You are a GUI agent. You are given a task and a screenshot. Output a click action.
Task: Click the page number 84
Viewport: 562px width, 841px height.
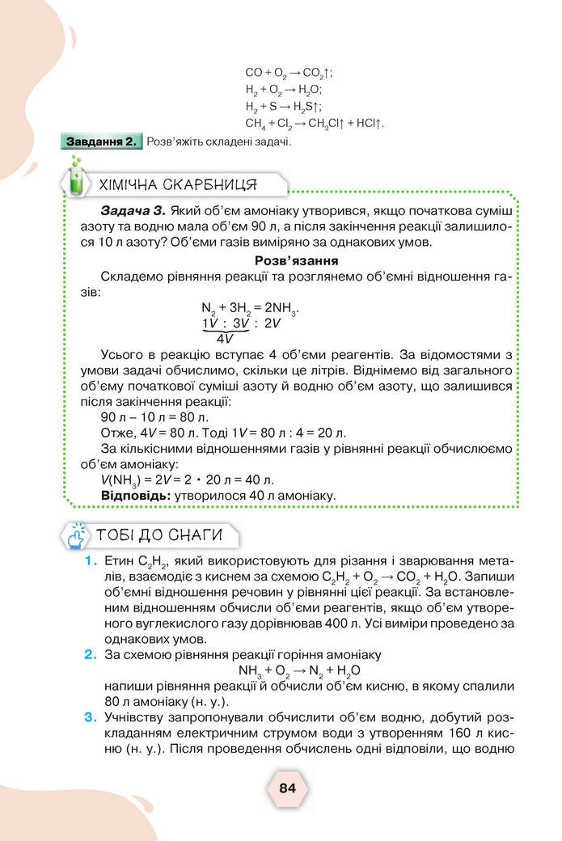pyautogui.click(x=287, y=788)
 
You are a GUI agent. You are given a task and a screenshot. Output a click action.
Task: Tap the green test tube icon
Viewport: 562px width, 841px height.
pyautogui.click(x=76, y=184)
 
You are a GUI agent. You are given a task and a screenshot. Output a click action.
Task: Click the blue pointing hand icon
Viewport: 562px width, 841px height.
pyautogui.click(x=76, y=535)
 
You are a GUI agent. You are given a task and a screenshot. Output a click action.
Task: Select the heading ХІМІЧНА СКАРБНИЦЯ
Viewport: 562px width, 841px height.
pyautogui.click(x=178, y=184)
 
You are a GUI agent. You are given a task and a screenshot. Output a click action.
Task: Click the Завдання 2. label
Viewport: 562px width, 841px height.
pyautogui.click(x=102, y=142)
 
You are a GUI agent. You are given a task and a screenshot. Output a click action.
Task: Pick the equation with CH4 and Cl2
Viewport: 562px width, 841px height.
pyautogui.click(x=314, y=124)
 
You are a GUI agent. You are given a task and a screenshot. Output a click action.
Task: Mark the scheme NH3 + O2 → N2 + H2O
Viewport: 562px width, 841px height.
pyautogui.click(x=299, y=670)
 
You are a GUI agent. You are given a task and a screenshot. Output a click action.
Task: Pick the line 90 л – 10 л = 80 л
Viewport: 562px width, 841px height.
pyautogui.click(x=154, y=416)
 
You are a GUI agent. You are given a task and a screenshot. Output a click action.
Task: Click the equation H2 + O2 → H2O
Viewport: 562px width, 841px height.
pyautogui.click(x=284, y=90)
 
